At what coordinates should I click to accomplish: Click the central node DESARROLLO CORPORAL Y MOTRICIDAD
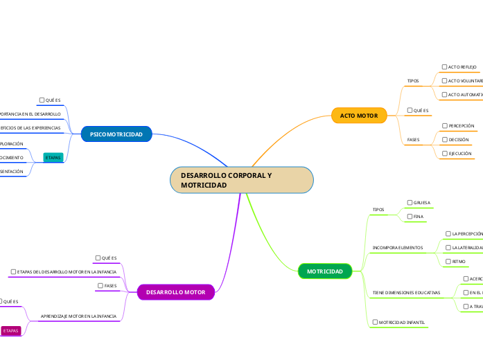coord(242,180)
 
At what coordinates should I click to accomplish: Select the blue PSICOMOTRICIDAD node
coord(116,134)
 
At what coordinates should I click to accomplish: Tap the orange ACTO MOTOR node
coord(358,115)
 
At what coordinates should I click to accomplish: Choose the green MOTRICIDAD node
coord(324,271)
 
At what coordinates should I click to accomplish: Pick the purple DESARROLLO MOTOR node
coord(175,292)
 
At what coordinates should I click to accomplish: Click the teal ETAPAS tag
coord(53,158)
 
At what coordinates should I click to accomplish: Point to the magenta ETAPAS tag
coord(11,331)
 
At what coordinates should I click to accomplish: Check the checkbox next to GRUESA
coord(410,203)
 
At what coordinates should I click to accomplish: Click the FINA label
coord(419,217)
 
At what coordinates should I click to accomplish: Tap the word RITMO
coord(458,262)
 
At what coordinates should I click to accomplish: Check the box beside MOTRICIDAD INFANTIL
coord(375,322)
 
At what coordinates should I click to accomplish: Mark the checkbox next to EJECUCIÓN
coord(444,153)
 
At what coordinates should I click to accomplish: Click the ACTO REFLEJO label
coord(462,67)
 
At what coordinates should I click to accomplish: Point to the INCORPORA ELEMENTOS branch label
coord(398,247)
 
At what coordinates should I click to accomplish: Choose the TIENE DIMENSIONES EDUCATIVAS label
coord(406,293)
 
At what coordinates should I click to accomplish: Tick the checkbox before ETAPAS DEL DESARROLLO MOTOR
coord(13,271)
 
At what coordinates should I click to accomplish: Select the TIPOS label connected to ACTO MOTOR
coord(413,81)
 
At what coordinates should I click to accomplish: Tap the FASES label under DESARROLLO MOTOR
coord(110,285)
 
